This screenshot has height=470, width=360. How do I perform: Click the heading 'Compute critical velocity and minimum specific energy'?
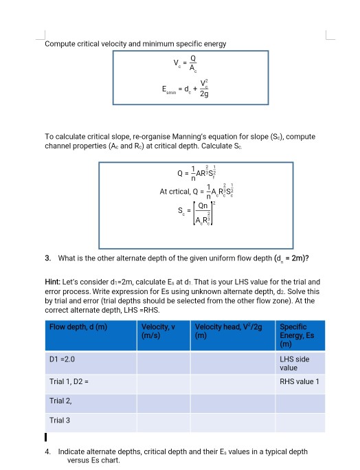coord(135,44)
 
